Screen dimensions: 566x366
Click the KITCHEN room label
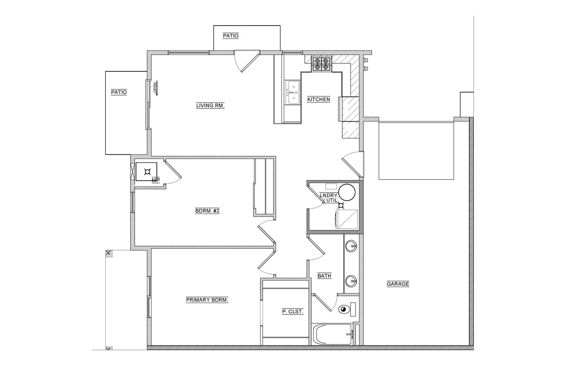point(319,99)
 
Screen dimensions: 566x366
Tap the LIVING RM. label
point(210,105)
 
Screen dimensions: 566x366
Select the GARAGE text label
point(398,284)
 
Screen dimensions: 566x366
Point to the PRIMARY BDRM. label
point(207,300)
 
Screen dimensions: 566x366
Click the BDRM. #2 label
point(207,211)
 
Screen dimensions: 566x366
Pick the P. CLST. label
point(293,311)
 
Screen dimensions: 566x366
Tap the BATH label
point(324,276)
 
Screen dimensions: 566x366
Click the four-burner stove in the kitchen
point(322,64)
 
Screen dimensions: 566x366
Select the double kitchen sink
point(293,93)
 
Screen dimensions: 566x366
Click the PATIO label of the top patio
point(231,36)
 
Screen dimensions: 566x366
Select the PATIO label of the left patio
point(119,92)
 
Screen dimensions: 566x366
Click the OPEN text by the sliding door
point(155,88)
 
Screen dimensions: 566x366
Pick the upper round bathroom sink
point(351,246)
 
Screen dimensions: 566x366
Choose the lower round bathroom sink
point(351,281)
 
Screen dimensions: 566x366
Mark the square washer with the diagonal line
point(347,219)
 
